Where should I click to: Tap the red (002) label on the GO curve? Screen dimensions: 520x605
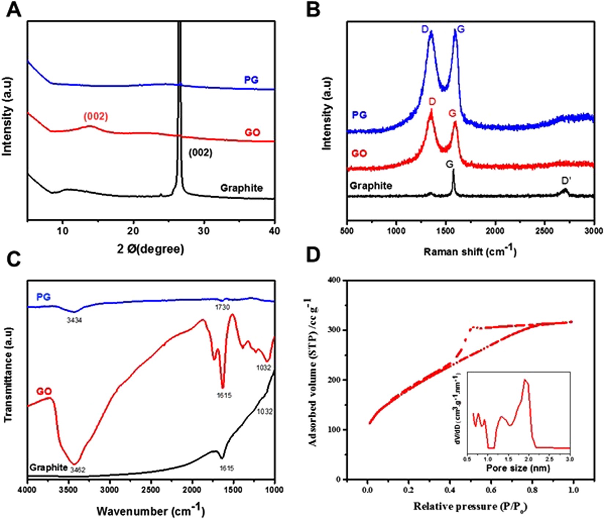[x=96, y=117]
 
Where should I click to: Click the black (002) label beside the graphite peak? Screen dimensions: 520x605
[x=200, y=152]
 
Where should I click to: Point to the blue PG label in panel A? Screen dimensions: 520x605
[x=251, y=80]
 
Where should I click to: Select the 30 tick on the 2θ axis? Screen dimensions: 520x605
[x=204, y=231]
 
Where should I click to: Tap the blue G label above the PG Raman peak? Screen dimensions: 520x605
[x=461, y=29]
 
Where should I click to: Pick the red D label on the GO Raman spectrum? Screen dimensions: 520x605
[x=432, y=102]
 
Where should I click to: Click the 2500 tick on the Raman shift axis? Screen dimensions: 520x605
[x=544, y=231]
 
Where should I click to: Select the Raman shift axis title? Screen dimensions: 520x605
[x=470, y=251]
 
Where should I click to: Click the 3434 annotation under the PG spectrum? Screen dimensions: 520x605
[x=74, y=320]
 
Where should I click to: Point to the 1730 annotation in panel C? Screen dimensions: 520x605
[x=222, y=307]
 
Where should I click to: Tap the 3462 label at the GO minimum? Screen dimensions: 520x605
[x=78, y=469]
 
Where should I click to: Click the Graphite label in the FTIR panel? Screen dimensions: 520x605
[x=48, y=468]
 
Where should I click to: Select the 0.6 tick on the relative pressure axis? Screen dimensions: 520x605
[x=491, y=490]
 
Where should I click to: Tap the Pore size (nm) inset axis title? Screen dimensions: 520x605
[x=518, y=468]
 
